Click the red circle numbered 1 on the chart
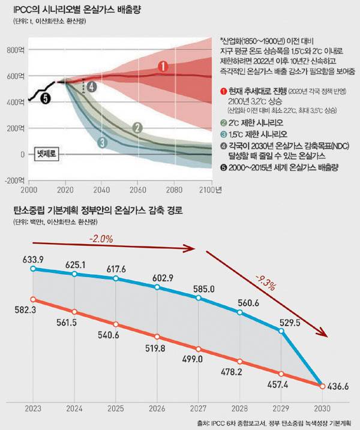(161, 67)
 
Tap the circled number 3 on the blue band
(102, 142)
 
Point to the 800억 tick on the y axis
(13, 51)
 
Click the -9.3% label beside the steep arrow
(265, 280)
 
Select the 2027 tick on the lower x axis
(198, 408)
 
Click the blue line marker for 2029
(280, 331)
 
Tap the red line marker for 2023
(33, 299)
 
